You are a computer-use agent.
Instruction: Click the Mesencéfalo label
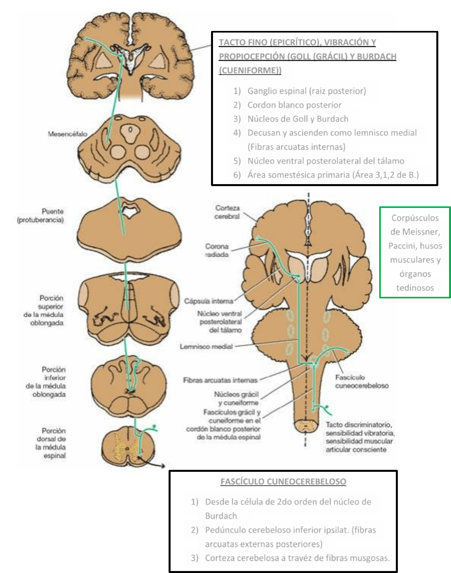[67, 134]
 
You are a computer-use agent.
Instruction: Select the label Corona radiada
[217, 250]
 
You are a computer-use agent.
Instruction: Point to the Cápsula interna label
[208, 301]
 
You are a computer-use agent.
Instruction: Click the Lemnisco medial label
[206, 346]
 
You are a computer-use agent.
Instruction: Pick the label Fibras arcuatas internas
[220, 380]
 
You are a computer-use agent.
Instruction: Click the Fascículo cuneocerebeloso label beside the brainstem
[361, 381]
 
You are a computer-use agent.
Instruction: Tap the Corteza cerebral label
[227, 212]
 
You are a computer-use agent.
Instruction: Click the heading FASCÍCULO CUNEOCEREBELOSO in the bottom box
[283, 482]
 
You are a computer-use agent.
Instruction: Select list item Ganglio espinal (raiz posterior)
[306, 91]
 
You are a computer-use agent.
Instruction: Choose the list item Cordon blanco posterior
[294, 105]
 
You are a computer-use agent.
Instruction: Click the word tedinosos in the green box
[415, 288]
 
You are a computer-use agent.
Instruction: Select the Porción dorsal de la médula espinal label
[51, 443]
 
